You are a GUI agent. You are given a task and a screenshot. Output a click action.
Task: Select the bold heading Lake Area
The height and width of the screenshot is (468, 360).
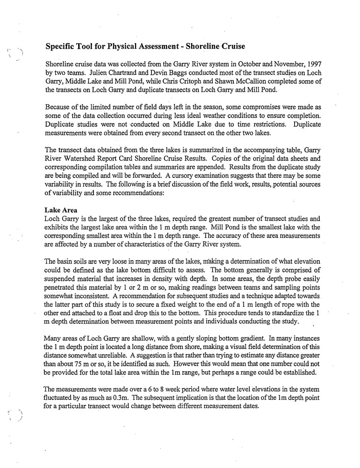(x=61, y=210)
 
